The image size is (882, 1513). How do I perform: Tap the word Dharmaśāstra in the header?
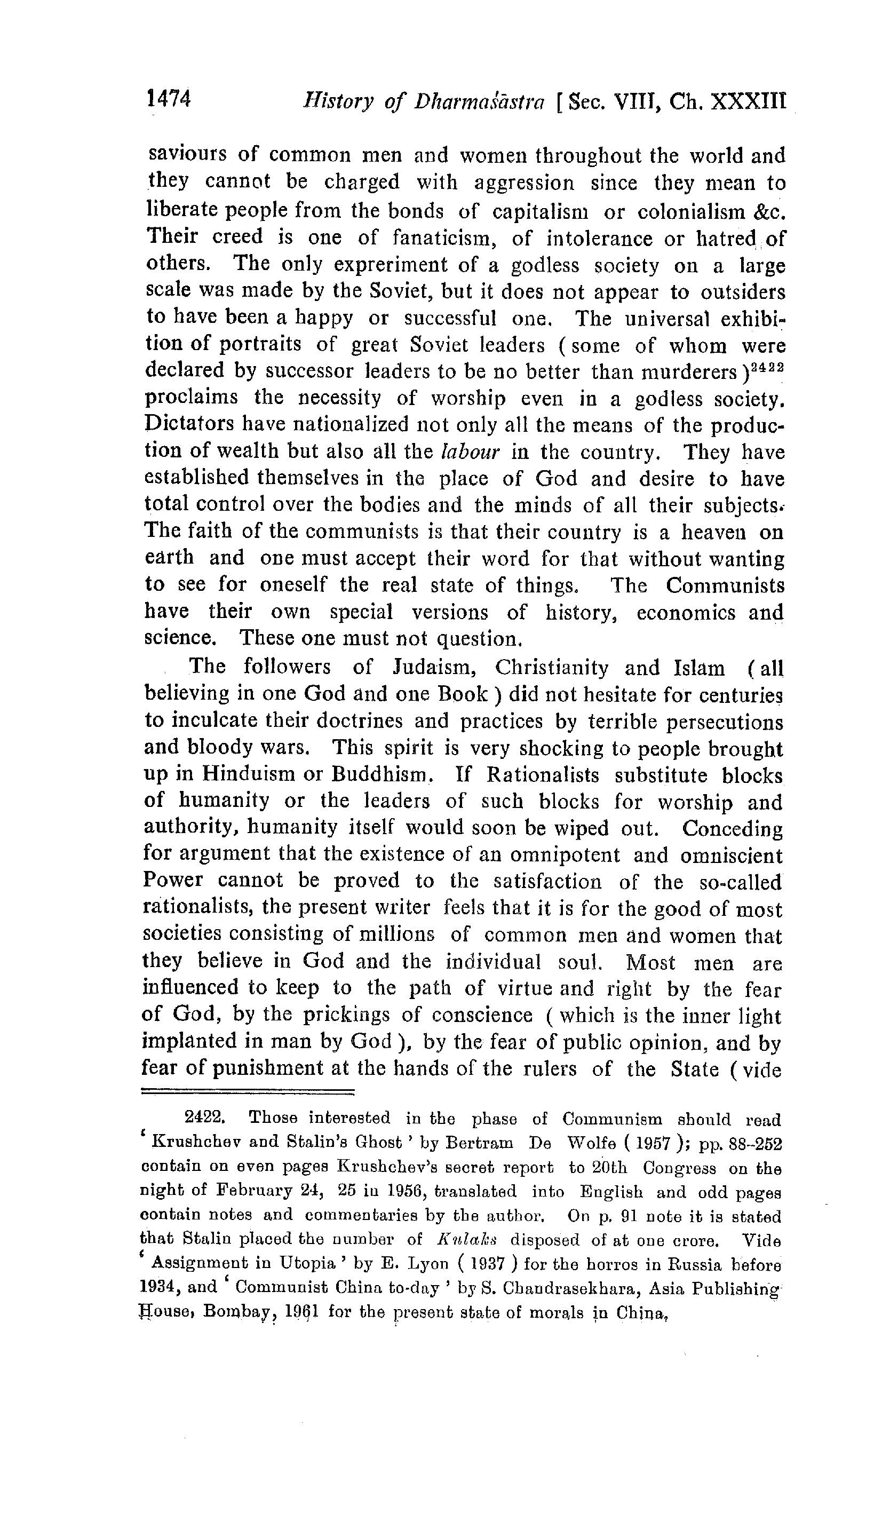(x=479, y=102)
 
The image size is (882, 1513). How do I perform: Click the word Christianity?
(x=551, y=667)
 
